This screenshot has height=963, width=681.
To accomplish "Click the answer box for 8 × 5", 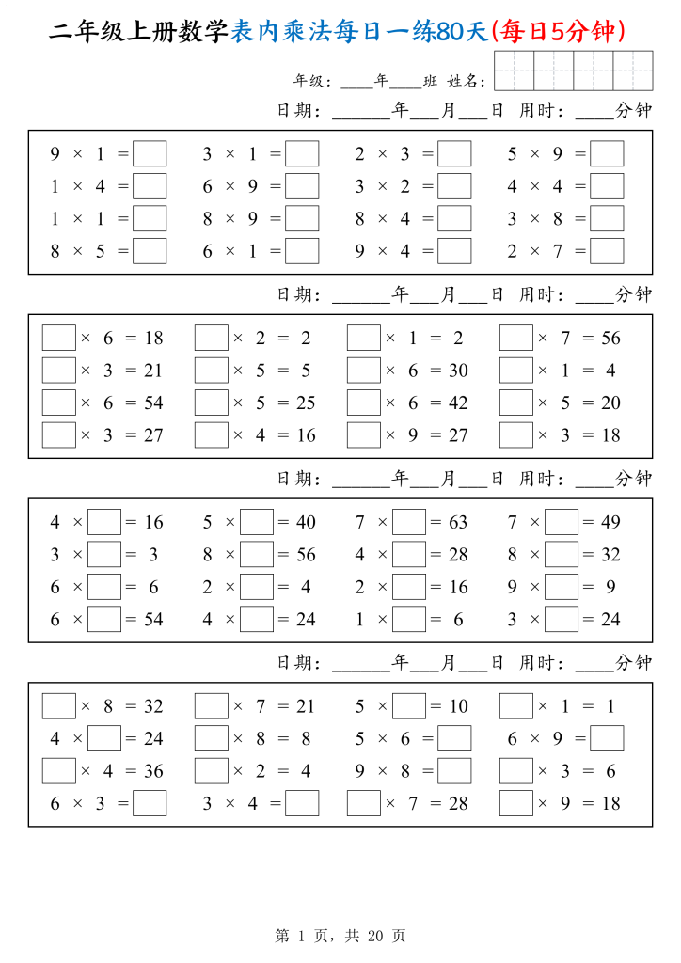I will click(150, 251).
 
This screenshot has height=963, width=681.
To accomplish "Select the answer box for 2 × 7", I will click(607, 251).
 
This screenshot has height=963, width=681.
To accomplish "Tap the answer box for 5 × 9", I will click(607, 153).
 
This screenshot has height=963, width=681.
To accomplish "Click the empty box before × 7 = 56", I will click(516, 338).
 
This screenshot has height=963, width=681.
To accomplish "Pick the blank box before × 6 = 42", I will click(364, 403).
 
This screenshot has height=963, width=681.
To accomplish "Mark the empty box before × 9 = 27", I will click(364, 435).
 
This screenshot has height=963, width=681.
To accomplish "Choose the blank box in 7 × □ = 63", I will click(409, 522).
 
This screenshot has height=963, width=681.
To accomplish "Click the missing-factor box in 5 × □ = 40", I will click(257, 522).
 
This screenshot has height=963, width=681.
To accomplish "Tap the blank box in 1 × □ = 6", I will click(409, 620).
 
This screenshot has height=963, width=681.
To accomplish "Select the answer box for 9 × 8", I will click(454, 771).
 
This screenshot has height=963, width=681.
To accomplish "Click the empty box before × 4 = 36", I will click(59, 771).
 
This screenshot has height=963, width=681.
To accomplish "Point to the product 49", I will click(610, 522).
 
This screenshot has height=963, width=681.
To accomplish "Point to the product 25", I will click(306, 403).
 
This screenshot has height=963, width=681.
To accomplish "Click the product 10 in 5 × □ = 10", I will click(458, 706).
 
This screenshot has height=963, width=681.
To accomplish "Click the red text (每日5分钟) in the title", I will click(558, 32).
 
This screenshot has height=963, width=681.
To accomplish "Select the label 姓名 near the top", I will click(466, 82).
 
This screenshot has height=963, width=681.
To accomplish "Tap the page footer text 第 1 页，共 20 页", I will click(340, 936).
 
